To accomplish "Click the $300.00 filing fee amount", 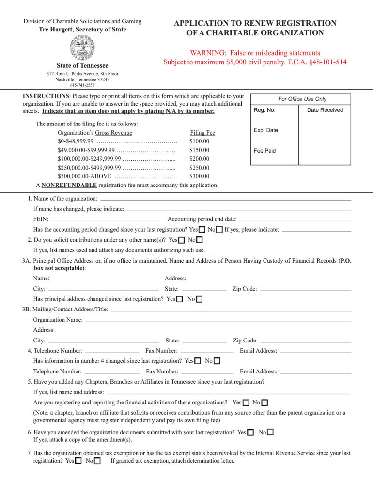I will [199, 176].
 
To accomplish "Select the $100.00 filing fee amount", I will [199, 141].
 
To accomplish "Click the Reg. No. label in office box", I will [264, 110].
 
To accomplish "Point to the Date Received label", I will [325, 110].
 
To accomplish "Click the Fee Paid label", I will [264, 151].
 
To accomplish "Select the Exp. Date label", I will [266, 130].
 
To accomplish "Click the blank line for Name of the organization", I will [225, 199].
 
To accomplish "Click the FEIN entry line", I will [105, 219].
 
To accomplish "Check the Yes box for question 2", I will [182, 240].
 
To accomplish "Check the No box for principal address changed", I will [199, 299].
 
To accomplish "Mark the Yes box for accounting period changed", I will [202, 230].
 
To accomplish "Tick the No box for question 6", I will [270, 432].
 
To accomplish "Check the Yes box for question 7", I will [78, 461].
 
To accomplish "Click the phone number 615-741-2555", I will [82, 85].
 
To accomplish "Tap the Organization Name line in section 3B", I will [218, 320].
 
